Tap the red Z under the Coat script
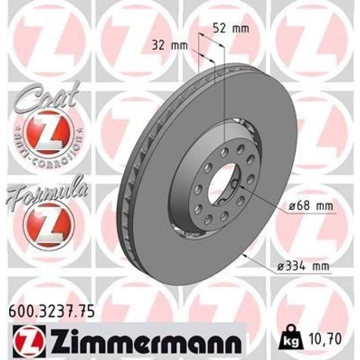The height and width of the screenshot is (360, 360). pos(49,131)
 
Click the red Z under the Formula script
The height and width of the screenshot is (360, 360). pos(49,222)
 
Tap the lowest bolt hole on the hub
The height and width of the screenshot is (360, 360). pos(208,221)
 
